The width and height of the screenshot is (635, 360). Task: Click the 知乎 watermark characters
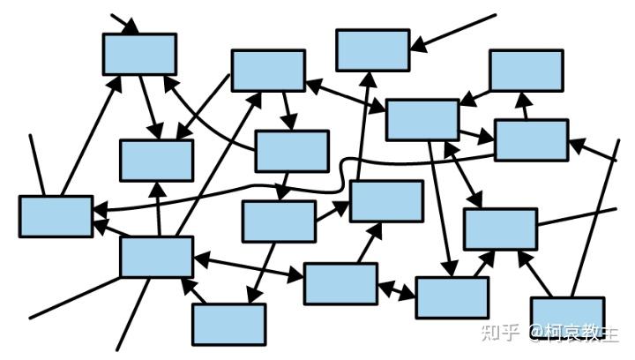pyautogui.click(x=501, y=333)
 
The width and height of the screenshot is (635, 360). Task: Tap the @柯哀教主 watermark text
pyautogui.click(x=574, y=333)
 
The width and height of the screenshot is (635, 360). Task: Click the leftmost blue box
pyautogui.click(x=56, y=216)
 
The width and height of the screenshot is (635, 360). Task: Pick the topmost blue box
pyautogui.click(x=373, y=50)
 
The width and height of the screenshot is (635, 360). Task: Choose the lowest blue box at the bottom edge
pyautogui.click(x=229, y=325)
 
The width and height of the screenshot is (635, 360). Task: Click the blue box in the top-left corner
pyautogui.click(x=139, y=54)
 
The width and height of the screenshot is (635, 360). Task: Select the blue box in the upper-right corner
pyautogui.click(x=527, y=71)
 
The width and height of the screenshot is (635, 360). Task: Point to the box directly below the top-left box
pyautogui.click(x=157, y=160)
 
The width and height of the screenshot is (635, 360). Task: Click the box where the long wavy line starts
pyautogui.click(x=532, y=140)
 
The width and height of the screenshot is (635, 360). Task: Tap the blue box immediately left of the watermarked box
pyautogui.click(x=452, y=297)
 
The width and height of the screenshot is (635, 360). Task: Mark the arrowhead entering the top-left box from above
pyautogui.click(x=131, y=26)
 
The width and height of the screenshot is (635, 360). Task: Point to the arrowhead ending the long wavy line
pyautogui.click(x=101, y=210)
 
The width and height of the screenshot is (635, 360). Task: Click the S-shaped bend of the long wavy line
pyautogui.click(x=343, y=174)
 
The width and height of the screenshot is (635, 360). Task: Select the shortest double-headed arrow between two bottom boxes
pyautogui.click(x=397, y=289)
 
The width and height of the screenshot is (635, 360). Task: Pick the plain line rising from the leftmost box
pyautogui.click(x=37, y=165)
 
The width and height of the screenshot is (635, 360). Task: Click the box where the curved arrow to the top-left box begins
pyautogui.click(x=292, y=151)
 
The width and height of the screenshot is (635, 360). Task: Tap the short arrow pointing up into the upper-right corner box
pyautogui.click(x=524, y=105)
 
